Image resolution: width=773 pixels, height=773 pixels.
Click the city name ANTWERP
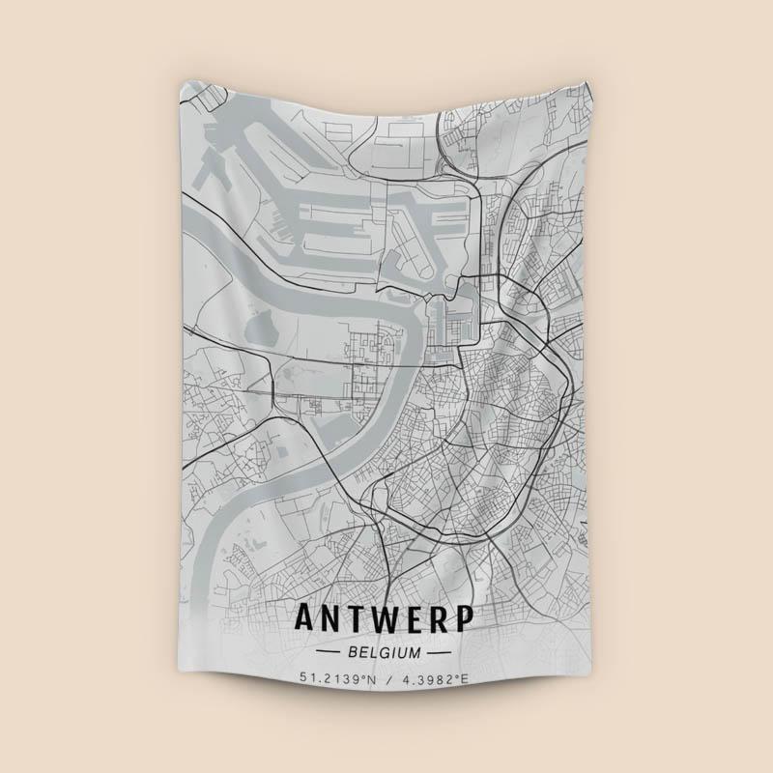(384, 618)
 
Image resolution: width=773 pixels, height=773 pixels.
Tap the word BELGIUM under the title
(384, 652)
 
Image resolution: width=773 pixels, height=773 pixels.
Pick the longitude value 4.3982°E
(433, 679)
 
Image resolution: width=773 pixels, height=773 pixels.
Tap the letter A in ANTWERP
(305, 618)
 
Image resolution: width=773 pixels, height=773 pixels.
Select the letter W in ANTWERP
(381, 618)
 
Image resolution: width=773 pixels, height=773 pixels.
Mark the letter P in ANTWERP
(463, 618)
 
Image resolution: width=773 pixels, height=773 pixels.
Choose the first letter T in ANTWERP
(355, 618)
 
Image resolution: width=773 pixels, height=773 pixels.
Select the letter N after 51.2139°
(371, 679)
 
